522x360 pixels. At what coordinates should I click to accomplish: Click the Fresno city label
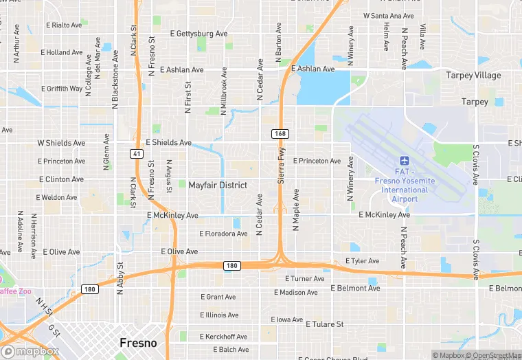coord(138,343)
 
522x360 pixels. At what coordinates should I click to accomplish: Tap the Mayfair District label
coord(218,185)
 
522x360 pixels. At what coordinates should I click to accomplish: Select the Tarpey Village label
coord(473,75)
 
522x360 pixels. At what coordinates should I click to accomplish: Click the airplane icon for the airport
coord(404,161)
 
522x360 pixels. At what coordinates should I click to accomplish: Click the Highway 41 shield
coord(138,154)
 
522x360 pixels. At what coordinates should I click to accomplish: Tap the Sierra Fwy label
coord(280,165)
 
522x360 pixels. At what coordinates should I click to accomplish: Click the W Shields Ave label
coord(61,143)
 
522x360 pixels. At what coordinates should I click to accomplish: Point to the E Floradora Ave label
coord(223,234)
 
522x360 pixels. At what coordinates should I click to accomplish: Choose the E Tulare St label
coord(324,324)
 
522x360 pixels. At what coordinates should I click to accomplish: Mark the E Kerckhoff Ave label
coord(223,337)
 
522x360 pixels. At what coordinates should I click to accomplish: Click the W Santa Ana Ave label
coord(388,15)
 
